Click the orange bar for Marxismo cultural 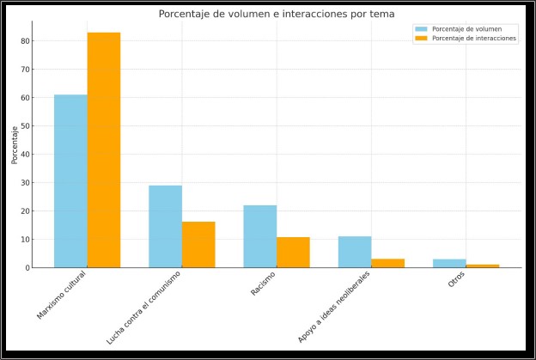(x=104, y=150)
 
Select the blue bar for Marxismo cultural (x=70, y=181)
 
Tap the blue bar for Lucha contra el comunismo (x=165, y=227)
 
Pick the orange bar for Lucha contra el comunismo (x=198, y=245)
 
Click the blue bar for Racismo (x=259, y=236)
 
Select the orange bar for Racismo (x=293, y=253)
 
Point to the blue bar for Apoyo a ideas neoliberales (x=355, y=252)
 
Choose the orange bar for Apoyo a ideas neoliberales (x=387, y=263)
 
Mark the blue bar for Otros (x=449, y=263)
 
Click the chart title (x=276, y=14)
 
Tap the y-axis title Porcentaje (x=15, y=144)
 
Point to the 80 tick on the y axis (x=27, y=40)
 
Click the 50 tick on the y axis (x=27, y=125)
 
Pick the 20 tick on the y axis (x=27, y=211)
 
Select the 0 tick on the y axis (x=29, y=267)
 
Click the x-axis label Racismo (x=263, y=284)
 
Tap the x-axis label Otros (x=456, y=280)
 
